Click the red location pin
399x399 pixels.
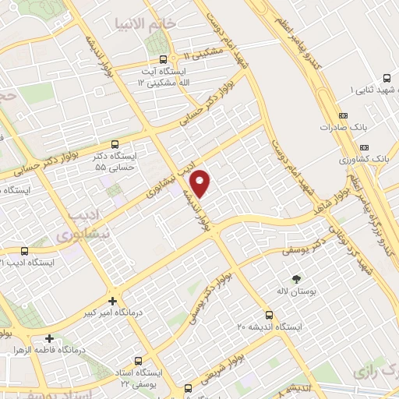(x=201, y=182)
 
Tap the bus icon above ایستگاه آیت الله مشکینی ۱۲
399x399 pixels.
(x=163, y=59)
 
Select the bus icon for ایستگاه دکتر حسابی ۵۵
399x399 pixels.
(x=115, y=144)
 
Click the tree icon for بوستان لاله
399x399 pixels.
(x=295, y=277)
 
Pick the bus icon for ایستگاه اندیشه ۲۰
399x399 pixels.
(x=269, y=315)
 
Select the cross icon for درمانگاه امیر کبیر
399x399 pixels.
(x=114, y=301)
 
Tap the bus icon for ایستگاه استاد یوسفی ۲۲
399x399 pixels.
(x=139, y=361)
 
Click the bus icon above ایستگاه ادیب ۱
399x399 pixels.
(x=24, y=251)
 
